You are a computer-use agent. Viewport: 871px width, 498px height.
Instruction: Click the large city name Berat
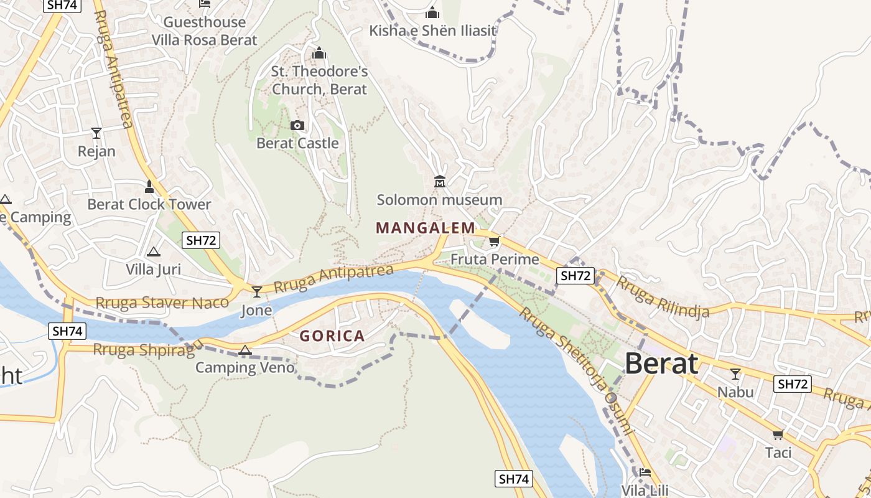click(661, 363)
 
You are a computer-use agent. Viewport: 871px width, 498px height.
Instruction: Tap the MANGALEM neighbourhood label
click(426, 228)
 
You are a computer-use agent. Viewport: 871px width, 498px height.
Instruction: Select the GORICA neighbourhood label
click(332, 336)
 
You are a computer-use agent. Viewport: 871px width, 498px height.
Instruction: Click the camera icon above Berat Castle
click(297, 126)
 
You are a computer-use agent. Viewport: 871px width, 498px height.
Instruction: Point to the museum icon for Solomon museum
click(440, 182)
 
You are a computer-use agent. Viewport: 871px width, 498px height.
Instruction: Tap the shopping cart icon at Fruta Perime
click(494, 242)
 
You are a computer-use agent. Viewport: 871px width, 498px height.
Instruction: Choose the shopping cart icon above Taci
click(778, 435)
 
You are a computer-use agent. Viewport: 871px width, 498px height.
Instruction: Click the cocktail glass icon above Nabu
click(735, 374)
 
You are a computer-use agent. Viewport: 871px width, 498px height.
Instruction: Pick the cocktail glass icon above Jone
click(257, 291)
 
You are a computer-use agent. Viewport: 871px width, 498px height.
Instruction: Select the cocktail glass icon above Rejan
click(96, 133)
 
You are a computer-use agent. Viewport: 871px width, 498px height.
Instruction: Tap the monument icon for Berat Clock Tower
click(149, 186)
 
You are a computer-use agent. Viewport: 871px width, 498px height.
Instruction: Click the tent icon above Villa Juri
click(153, 251)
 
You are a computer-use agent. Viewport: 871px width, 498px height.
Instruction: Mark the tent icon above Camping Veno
click(245, 350)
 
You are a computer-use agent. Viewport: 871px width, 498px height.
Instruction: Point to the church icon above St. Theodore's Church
click(319, 54)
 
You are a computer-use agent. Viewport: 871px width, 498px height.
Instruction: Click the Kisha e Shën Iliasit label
click(432, 31)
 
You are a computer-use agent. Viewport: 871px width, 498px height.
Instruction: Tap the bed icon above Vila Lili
click(645, 472)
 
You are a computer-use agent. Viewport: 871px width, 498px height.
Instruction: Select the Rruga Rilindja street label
click(662, 297)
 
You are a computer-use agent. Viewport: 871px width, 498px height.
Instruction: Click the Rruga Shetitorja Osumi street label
click(576, 370)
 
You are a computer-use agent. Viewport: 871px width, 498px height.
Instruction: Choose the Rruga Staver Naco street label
click(158, 303)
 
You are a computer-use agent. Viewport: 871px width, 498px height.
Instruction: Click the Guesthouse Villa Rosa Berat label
click(204, 31)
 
